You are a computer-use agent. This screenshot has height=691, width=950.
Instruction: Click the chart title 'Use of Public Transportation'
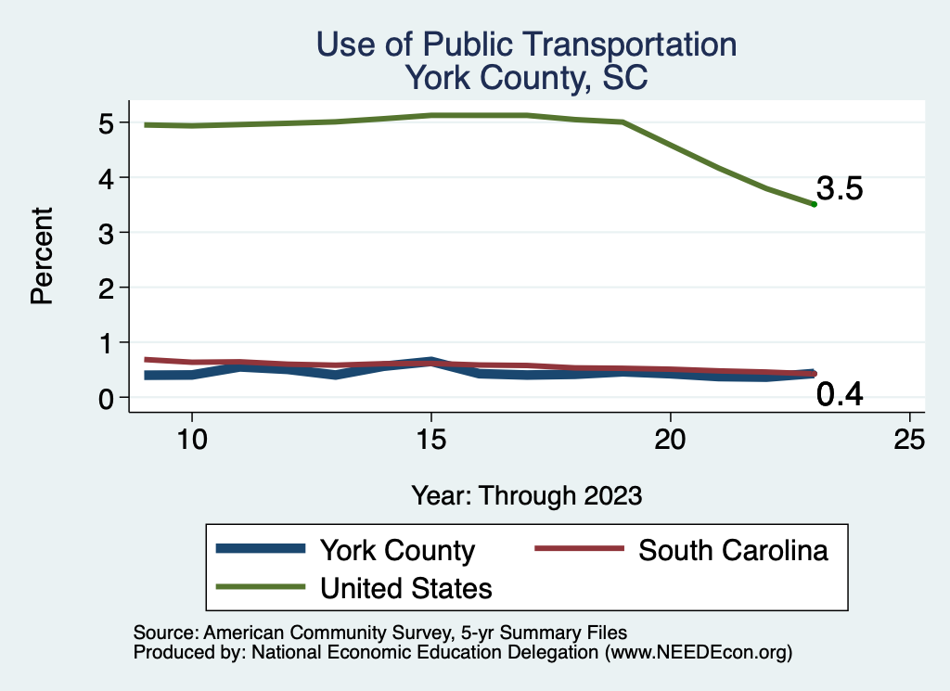tap(526, 45)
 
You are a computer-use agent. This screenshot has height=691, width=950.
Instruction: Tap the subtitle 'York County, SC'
tap(526, 79)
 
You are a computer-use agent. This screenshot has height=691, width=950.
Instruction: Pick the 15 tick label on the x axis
tap(430, 439)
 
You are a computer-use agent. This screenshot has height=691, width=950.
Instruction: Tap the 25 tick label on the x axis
tap(909, 439)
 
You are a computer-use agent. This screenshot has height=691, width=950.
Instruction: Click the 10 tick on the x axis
tap(191, 439)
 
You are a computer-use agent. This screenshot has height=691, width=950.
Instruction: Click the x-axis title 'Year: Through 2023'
tap(526, 495)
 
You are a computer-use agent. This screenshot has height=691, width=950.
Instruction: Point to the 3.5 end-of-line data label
tap(840, 189)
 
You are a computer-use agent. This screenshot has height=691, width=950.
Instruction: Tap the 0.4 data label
tap(840, 395)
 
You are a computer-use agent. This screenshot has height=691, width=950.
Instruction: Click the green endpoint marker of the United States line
tap(814, 204)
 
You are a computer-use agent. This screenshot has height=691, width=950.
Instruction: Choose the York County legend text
tap(397, 550)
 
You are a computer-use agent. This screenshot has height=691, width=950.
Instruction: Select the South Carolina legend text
tap(733, 550)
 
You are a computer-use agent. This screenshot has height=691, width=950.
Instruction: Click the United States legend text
tap(405, 587)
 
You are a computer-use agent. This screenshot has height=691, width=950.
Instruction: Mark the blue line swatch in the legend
tap(261, 549)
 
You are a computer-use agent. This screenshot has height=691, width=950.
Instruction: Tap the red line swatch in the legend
tap(579, 549)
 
